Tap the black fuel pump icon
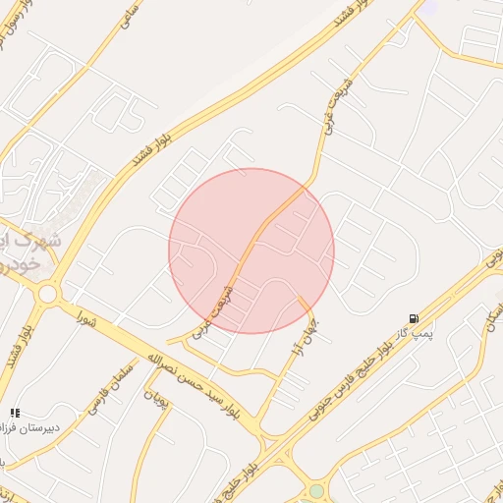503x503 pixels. coord(416,318)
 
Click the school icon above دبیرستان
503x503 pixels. coord(14,413)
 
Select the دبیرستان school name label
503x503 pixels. coord(29,428)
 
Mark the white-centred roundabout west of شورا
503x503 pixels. coord(46,293)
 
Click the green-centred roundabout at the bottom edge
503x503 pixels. coord(315,491)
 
